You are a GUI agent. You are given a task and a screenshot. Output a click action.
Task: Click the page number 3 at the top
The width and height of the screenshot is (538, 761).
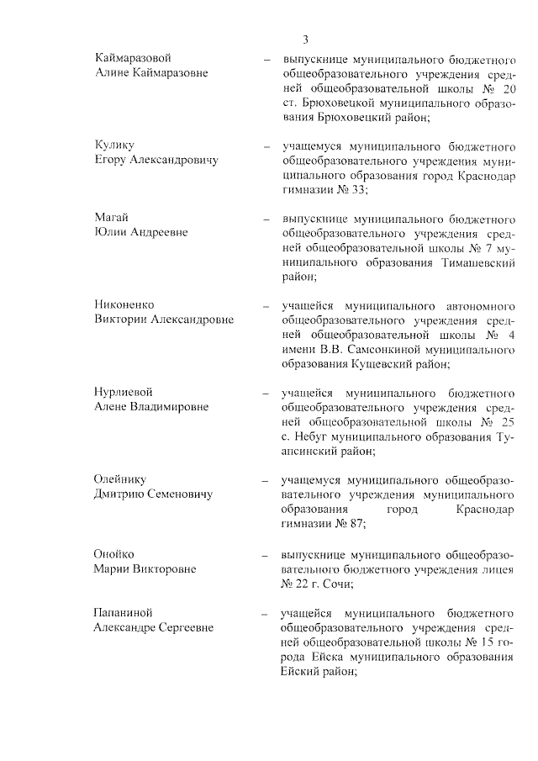306,40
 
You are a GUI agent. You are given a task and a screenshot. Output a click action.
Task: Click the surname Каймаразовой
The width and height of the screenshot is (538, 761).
133,57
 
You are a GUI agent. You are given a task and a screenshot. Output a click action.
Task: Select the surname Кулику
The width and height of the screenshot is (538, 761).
114,145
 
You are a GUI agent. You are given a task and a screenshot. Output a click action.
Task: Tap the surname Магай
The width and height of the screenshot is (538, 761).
111,218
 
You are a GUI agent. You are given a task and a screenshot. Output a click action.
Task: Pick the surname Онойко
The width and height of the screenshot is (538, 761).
114,554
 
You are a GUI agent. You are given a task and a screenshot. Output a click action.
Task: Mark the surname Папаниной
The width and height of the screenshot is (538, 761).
124,612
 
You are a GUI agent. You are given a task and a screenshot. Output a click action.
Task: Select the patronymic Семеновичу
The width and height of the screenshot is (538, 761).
174,494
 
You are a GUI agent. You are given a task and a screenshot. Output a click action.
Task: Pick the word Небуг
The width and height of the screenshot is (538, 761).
314,437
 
